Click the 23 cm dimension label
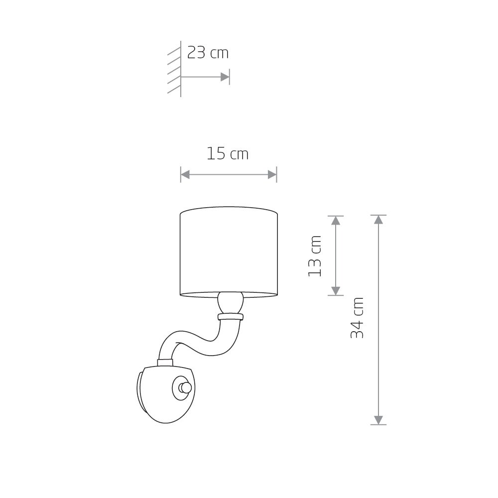click(x=208, y=53)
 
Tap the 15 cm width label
click(x=228, y=154)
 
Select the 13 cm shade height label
click(x=315, y=256)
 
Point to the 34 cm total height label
click(x=357, y=318)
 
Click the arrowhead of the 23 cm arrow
click(x=225, y=77)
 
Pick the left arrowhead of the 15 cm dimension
click(x=185, y=174)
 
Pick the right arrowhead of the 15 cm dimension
click(x=272, y=174)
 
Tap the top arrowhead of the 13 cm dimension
click(x=336, y=221)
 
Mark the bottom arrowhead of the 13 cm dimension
click(x=336, y=291)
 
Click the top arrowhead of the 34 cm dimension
click(x=378, y=220)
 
